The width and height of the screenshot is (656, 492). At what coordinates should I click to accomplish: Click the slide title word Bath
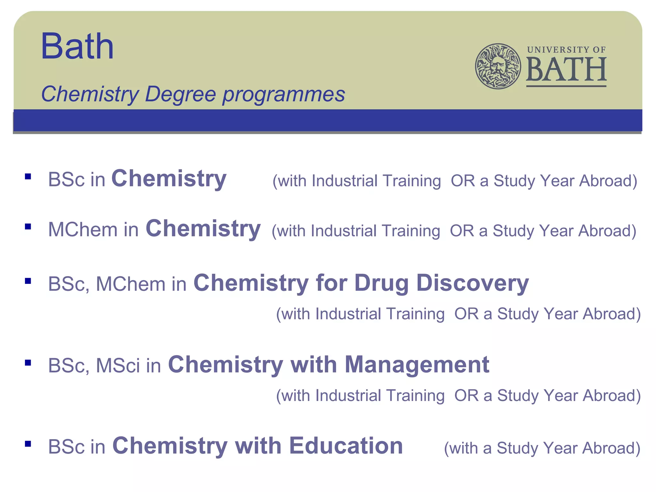click(x=77, y=46)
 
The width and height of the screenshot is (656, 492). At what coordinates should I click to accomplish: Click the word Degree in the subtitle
click(x=180, y=94)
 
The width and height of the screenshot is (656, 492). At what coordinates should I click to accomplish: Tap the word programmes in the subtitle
click(x=284, y=95)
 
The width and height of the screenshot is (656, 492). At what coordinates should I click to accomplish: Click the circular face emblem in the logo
click(x=498, y=66)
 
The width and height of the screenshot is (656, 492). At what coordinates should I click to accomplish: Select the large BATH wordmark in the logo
click(x=566, y=70)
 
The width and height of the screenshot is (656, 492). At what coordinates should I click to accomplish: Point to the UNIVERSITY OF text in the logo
click(x=566, y=50)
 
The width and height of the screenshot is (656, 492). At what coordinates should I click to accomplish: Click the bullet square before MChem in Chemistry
click(x=28, y=227)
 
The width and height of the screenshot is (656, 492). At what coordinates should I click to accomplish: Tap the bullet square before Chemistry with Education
click(x=28, y=444)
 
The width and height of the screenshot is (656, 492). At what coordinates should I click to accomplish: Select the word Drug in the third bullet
click(x=381, y=283)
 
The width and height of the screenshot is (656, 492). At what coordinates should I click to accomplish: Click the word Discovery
click(x=472, y=283)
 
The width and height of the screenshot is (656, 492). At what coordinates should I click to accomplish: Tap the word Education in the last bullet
click(x=346, y=446)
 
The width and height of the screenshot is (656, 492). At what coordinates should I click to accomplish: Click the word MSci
click(x=118, y=365)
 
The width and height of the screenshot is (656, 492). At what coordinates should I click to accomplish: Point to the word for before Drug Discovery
click(x=331, y=283)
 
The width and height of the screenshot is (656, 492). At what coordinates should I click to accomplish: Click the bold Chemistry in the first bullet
click(x=169, y=179)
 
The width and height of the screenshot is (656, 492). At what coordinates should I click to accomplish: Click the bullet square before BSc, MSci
click(x=28, y=363)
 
